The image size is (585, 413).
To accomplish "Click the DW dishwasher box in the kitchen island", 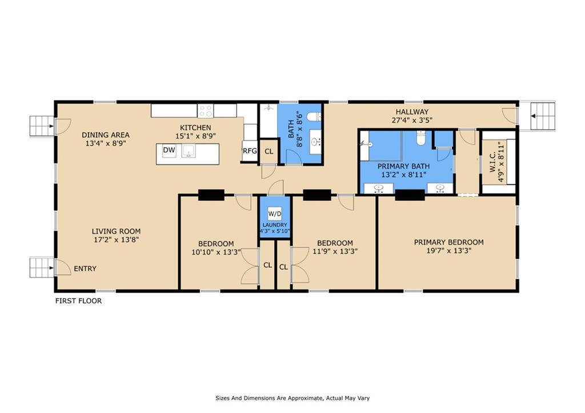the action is pyautogui.click(x=169, y=151).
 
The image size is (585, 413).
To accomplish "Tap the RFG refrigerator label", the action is pyautogui.click(x=250, y=151).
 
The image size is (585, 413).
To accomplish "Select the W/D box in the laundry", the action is pyautogui.click(x=275, y=214).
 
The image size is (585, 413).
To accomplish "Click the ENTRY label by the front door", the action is pyautogui.click(x=85, y=268).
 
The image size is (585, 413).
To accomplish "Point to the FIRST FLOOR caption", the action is pyautogui.click(x=78, y=300).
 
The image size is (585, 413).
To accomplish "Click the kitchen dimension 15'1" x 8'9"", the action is pyautogui.click(x=196, y=136).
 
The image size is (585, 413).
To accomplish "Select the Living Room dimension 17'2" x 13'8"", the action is pyautogui.click(x=117, y=239).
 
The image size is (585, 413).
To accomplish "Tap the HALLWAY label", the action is pyautogui.click(x=412, y=111).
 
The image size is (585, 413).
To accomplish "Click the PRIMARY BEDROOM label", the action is pyautogui.click(x=449, y=242).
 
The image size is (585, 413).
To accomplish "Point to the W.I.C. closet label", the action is pyautogui.click(x=492, y=164).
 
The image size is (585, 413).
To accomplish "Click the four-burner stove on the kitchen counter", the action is pyautogui.click(x=206, y=111).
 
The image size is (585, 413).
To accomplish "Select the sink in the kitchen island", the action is pyautogui.click(x=189, y=151).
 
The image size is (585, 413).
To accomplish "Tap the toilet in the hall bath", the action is pyautogui.click(x=314, y=117).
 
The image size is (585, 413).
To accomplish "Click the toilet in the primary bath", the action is pyautogui.click(x=421, y=138).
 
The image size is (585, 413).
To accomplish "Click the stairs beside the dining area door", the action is pyautogui.click(x=42, y=126).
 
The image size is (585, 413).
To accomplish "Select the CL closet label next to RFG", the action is pyautogui.click(x=269, y=152).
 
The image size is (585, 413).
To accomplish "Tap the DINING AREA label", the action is pyautogui.click(x=106, y=135).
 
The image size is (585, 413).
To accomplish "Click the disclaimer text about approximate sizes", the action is pyautogui.click(x=292, y=398).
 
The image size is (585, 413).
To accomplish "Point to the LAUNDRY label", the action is pyautogui.click(x=275, y=225).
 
